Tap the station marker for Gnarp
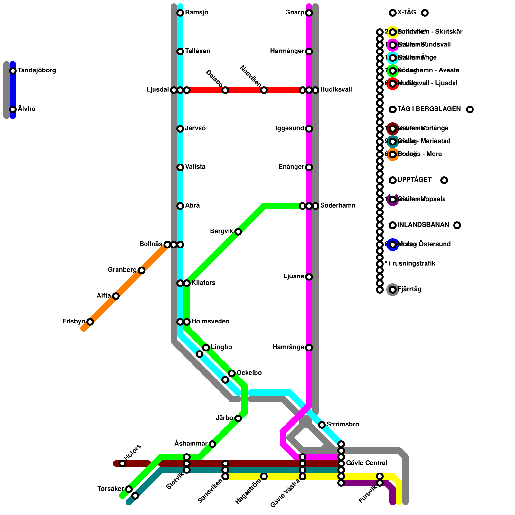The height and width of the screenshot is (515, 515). (x=309, y=13)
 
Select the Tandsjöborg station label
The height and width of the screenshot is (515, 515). (x=37, y=70)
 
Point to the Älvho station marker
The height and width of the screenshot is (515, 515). (x=13, y=109)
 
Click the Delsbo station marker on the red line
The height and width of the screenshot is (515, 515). (x=225, y=90)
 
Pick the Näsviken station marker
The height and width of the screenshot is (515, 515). (x=264, y=90)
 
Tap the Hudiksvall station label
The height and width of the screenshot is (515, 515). (x=336, y=90)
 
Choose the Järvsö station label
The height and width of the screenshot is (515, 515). (x=195, y=128)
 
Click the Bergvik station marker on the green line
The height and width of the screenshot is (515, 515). (x=238, y=232)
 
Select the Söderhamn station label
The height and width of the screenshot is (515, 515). (x=338, y=206)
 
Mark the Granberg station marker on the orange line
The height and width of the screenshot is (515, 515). (x=142, y=270)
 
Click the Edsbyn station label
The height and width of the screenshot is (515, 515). (x=74, y=322)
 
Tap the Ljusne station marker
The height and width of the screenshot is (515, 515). (x=309, y=277)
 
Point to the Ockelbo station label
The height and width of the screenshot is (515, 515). (x=249, y=373)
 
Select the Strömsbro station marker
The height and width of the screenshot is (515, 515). (x=322, y=425)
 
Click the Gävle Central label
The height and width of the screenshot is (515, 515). (x=367, y=463)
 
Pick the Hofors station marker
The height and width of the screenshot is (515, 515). (x=122, y=464)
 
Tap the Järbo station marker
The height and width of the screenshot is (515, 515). (x=238, y=418)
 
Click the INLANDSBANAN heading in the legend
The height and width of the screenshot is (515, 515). (x=423, y=225)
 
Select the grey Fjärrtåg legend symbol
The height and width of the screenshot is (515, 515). (x=393, y=290)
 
